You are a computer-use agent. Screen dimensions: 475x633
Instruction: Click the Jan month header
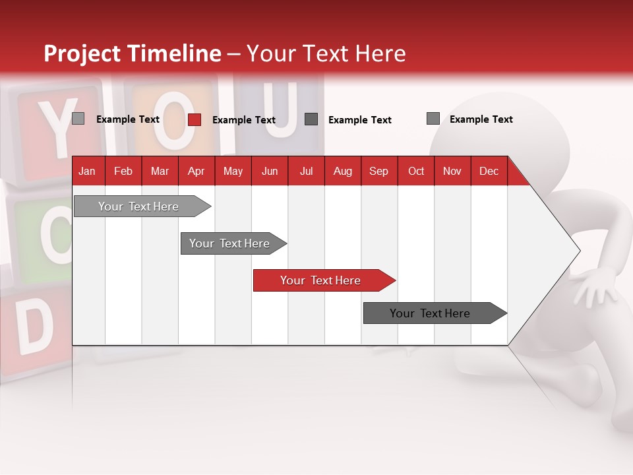pyautogui.click(x=87, y=171)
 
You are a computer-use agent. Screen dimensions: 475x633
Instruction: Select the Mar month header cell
pyautogui.click(x=160, y=171)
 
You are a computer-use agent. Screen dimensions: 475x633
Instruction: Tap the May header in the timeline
pyautogui.click(x=233, y=171)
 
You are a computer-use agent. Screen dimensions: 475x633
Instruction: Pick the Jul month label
pyautogui.click(x=306, y=171)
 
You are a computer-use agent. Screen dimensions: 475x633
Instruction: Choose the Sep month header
pyautogui.click(x=378, y=171)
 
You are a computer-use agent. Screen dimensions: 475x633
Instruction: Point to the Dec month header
pyautogui.click(x=489, y=171)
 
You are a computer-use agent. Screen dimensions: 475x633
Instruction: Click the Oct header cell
pyautogui.click(x=416, y=171)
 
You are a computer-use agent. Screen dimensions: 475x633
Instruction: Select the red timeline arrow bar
pyautogui.click(x=324, y=280)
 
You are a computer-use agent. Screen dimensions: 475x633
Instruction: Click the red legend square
pyautogui.click(x=195, y=119)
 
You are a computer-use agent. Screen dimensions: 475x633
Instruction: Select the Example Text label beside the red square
pyautogui.click(x=244, y=120)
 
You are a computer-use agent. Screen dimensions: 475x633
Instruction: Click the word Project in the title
pyautogui.click(x=82, y=53)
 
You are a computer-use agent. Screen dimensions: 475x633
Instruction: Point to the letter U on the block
pyautogui.click(x=282, y=109)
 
